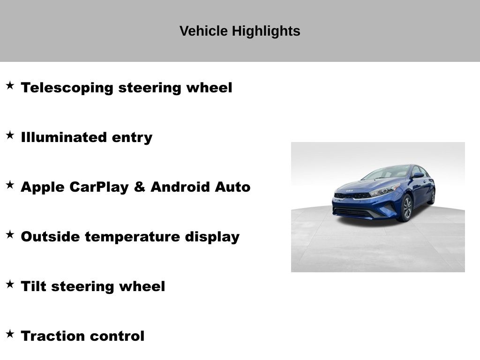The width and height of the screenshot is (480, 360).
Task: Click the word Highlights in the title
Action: [x=266, y=31]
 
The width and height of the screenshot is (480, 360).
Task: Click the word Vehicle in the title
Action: [x=203, y=31]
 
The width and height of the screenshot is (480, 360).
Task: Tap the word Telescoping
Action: [x=67, y=88]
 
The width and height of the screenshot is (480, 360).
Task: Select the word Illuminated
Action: [x=64, y=137]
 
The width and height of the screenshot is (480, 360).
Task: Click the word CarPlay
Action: [x=99, y=187]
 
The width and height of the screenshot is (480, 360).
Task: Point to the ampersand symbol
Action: [x=140, y=187]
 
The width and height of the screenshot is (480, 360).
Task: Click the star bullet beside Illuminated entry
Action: [x=10, y=135]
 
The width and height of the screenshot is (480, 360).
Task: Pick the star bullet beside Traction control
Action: [x=10, y=334]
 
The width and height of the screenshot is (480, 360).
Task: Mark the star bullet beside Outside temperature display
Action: [x=10, y=234]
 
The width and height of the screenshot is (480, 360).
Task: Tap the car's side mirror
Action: [x=418, y=175]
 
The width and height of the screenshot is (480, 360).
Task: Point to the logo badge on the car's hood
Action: [x=349, y=191]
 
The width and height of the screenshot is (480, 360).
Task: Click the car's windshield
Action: [x=386, y=173]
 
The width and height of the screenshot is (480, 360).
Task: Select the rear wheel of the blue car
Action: [x=432, y=196]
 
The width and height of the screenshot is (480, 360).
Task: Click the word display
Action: [x=212, y=237]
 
